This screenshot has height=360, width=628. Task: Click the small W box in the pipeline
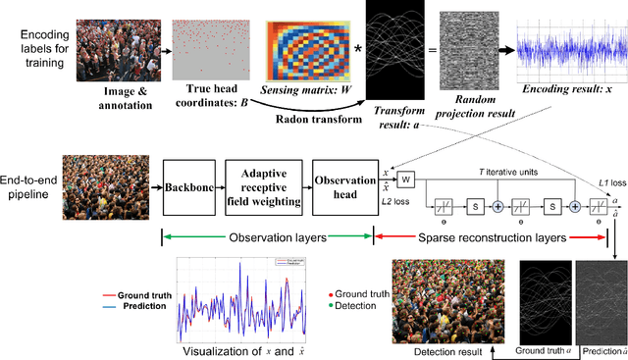404,180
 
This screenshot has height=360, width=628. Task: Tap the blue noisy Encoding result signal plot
570,48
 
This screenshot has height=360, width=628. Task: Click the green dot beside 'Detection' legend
330,307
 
